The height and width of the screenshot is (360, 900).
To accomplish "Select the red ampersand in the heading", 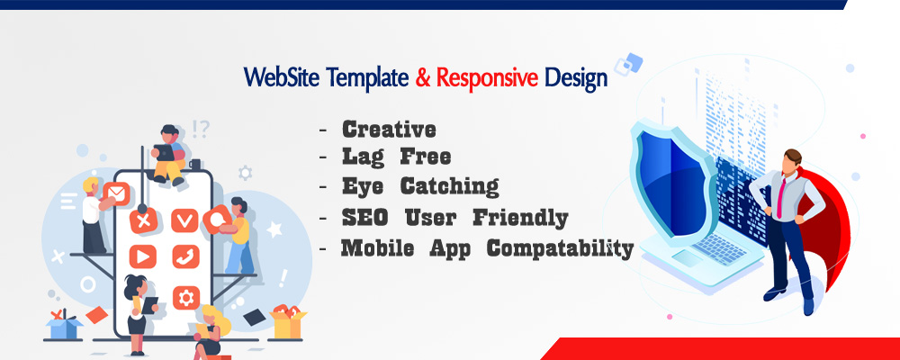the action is pyautogui.click(x=423, y=77).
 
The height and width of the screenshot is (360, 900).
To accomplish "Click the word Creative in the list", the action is pyautogui.click(x=389, y=130).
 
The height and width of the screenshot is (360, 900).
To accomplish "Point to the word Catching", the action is pyautogui.click(x=449, y=186).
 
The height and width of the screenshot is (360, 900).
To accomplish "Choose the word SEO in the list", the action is pyautogui.click(x=364, y=218).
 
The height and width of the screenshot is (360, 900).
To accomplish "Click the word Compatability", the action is pyautogui.click(x=560, y=249).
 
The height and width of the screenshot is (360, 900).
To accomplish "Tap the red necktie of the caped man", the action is pyautogui.click(x=781, y=197).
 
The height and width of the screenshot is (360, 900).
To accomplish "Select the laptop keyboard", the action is pyautogui.click(x=720, y=249).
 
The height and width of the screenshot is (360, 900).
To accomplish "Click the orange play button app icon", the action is pyautogui.click(x=142, y=256).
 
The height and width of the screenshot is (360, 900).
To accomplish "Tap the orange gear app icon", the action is pyautogui.click(x=186, y=298).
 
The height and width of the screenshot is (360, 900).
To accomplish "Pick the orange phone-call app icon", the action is pyautogui.click(x=185, y=256).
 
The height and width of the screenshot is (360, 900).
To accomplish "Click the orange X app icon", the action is pyautogui.click(x=143, y=220).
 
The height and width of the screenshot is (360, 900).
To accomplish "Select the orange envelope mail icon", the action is pyautogui.click(x=116, y=194).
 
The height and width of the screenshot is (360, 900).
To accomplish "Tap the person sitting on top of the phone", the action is pyautogui.click(x=168, y=154).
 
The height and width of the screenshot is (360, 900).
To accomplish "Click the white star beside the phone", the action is pyautogui.click(x=274, y=229).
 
